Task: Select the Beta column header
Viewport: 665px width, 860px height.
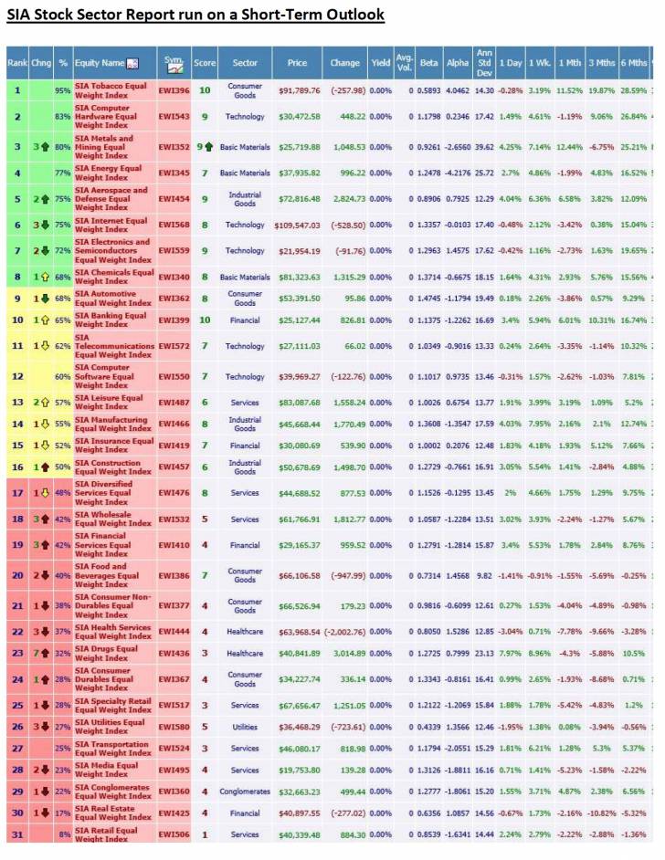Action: [427, 63]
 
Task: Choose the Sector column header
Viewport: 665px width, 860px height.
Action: [244, 63]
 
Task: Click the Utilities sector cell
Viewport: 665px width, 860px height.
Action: [244, 727]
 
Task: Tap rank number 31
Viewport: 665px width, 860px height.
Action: [16, 834]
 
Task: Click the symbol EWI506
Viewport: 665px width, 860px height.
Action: [174, 834]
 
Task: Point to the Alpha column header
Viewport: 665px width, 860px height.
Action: [458, 63]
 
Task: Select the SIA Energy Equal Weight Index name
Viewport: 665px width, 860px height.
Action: [111, 173]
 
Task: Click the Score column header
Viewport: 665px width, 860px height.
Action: [205, 63]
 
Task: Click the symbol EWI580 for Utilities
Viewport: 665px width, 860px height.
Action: [174, 727]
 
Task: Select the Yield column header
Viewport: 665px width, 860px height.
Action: [380, 63]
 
